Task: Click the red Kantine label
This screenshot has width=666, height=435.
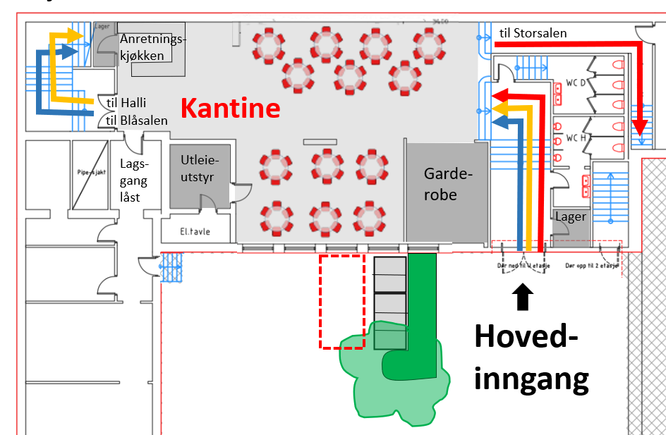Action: tap(231, 108)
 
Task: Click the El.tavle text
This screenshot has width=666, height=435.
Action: tap(195, 231)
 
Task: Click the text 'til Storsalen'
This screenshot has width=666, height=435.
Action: tap(533, 32)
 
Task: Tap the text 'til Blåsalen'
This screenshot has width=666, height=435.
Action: tap(137, 121)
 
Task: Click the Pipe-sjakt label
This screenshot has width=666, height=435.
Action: tap(89, 172)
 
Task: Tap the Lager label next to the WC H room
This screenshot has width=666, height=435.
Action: tap(571, 216)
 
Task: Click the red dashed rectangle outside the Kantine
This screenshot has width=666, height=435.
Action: tap(341, 302)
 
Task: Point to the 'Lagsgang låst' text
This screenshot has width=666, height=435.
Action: tap(134, 180)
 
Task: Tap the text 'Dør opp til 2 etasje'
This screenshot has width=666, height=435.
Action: tap(592, 266)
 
